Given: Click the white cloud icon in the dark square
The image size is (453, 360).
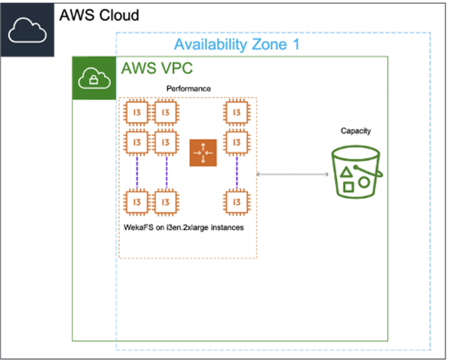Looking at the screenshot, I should (x=27, y=30).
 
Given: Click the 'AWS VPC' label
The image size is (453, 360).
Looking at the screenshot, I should (x=157, y=68).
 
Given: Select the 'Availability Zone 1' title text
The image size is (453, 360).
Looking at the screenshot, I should (x=237, y=44).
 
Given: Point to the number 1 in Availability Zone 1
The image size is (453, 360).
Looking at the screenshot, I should (x=296, y=44).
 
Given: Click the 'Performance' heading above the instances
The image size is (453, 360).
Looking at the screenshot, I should (x=188, y=89).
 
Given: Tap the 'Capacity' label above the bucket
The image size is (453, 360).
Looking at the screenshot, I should (x=356, y=131).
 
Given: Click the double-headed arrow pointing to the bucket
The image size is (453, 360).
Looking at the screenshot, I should (x=293, y=174).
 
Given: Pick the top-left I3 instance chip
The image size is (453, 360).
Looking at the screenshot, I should (x=137, y=112).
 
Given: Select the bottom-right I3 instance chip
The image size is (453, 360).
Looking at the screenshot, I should (x=237, y=202).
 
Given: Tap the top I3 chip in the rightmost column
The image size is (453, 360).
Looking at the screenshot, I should (x=237, y=112).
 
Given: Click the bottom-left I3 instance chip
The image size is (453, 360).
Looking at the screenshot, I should (x=137, y=202).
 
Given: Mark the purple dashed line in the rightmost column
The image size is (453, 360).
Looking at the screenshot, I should (x=237, y=172).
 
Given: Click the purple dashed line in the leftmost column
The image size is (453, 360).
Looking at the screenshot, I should (x=137, y=172).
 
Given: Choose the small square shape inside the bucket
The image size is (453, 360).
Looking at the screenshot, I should (x=349, y=188).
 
